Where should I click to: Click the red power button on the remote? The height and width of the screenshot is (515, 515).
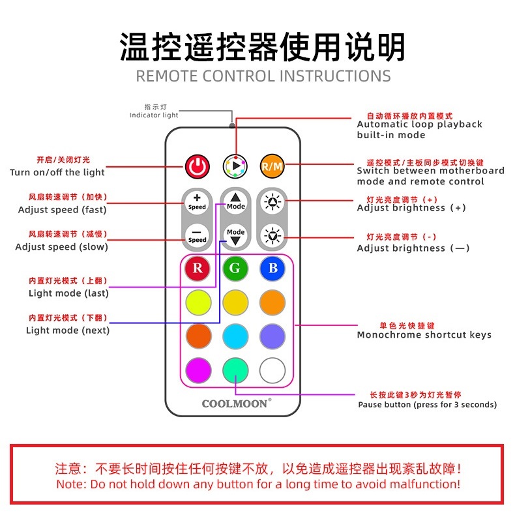(x=197, y=166)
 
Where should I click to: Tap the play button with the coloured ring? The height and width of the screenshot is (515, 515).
(x=235, y=166)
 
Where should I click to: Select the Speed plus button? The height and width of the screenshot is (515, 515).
(x=197, y=201)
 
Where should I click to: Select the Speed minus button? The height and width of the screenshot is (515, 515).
(x=197, y=235)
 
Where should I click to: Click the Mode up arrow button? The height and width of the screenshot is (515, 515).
(x=235, y=201)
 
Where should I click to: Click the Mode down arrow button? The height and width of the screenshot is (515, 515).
(x=235, y=235)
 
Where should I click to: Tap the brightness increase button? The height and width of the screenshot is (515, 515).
(x=272, y=201)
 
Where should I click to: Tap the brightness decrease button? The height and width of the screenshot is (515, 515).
(x=272, y=235)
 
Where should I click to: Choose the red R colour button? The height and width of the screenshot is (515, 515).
(x=198, y=268)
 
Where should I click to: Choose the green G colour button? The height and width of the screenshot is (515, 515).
(x=235, y=268)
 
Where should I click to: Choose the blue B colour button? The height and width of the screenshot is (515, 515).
(x=272, y=268)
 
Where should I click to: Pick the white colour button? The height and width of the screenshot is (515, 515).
(x=272, y=371)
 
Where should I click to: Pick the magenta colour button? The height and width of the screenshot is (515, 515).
(x=198, y=371)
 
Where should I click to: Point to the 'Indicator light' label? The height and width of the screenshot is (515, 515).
(x=154, y=115)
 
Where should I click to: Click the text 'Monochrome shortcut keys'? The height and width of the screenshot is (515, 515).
(x=424, y=335)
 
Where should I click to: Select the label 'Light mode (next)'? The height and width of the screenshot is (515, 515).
(x=68, y=331)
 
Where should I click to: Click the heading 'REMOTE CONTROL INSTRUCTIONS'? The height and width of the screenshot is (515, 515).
(x=263, y=76)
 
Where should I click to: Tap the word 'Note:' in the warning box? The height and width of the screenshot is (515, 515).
(x=72, y=484)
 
